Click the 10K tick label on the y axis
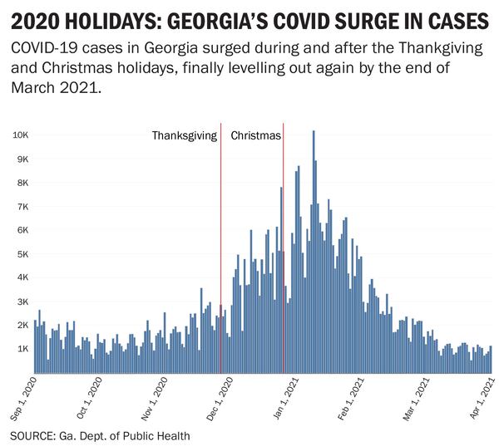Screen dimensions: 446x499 [21, 135]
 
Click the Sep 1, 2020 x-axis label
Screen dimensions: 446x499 [24, 399]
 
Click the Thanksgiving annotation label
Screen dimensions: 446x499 [184, 135]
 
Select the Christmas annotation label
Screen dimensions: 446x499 [256, 135]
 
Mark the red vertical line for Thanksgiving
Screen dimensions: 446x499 [220, 249]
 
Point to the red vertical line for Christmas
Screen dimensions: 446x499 [284, 249]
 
